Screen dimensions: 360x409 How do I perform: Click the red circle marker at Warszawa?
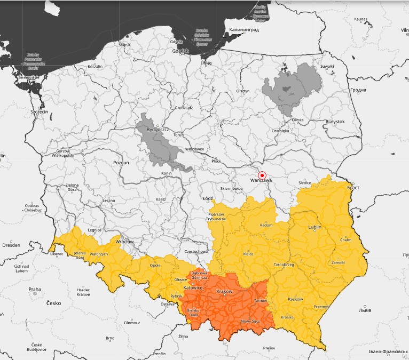pos(262,175)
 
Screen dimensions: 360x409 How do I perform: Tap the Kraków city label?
pos(224,292)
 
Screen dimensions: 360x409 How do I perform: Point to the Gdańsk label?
pos(180,51)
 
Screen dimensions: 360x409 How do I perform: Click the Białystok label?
pos(335,122)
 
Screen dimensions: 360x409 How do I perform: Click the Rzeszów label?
pos(295,299)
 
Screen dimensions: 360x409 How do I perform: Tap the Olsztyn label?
pos(243,91)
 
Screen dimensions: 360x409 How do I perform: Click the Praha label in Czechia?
pos(34,289)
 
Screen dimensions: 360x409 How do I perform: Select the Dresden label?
pos(11,245)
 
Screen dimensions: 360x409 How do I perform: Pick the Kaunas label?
pos(361,19)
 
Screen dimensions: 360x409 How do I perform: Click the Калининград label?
pos(243,30)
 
